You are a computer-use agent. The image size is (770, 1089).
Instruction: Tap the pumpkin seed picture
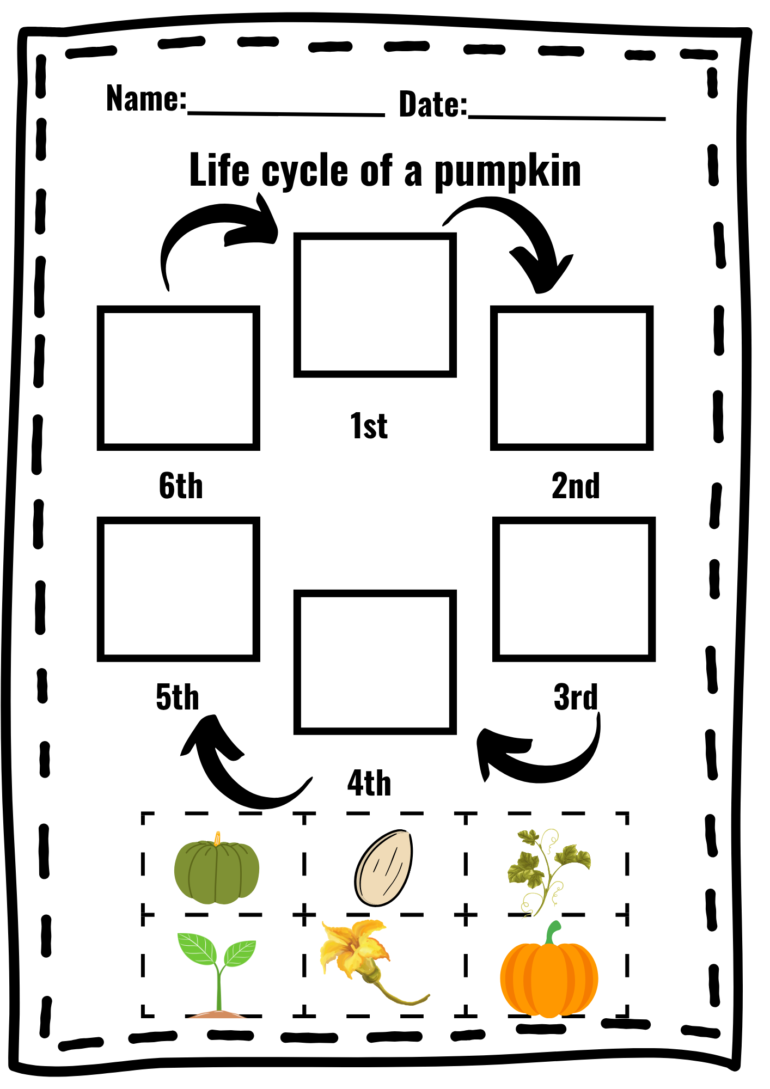pos(383,868)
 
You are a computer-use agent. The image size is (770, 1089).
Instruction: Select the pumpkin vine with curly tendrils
pos(547,872)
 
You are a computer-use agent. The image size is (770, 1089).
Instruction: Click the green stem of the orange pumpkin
pos(553,933)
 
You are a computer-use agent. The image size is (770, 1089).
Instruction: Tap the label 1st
pos(369,426)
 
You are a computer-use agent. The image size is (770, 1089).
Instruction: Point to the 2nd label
pos(576,486)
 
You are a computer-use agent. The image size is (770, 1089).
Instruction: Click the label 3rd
pos(576,697)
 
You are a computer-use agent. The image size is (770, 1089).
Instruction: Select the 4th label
pos(369,783)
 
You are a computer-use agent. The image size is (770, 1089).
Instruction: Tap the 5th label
pos(178,697)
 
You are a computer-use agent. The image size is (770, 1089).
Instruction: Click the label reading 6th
pos(181,486)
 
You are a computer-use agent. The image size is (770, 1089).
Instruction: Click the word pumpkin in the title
pos(508,172)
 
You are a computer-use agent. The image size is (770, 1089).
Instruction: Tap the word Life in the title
pos(219,169)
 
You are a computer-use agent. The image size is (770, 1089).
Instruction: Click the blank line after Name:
pos(286,114)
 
